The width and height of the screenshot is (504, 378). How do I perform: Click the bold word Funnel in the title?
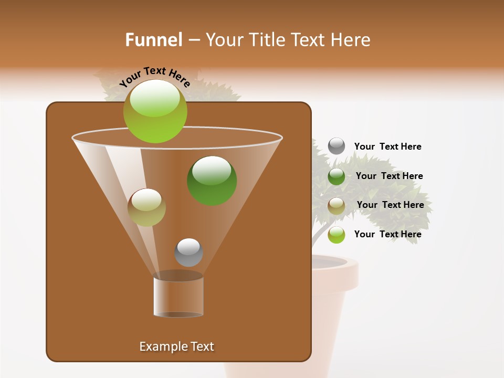(x=154, y=40)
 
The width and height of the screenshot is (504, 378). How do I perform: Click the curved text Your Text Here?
(x=155, y=77)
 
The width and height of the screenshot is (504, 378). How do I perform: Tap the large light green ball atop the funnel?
(x=155, y=111)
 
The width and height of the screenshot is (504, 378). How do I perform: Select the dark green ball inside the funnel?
(x=212, y=181)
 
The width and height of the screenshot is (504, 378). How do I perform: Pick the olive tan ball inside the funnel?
(x=146, y=207)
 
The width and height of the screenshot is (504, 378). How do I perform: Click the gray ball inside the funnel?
(x=188, y=253)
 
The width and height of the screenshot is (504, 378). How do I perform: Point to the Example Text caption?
(x=176, y=346)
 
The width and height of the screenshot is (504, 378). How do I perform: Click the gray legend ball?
(x=337, y=146)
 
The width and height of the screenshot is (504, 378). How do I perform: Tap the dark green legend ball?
(x=337, y=176)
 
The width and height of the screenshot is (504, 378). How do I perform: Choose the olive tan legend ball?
(x=337, y=206)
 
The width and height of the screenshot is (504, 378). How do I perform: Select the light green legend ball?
(x=337, y=235)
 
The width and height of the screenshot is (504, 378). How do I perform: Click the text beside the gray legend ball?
(x=387, y=147)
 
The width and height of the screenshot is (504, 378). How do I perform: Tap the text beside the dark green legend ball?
(x=389, y=176)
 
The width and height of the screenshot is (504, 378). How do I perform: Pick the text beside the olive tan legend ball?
(x=390, y=205)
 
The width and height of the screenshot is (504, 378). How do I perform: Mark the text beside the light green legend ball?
(x=387, y=234)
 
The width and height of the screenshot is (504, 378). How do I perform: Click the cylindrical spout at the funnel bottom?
(x=178, y=297)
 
